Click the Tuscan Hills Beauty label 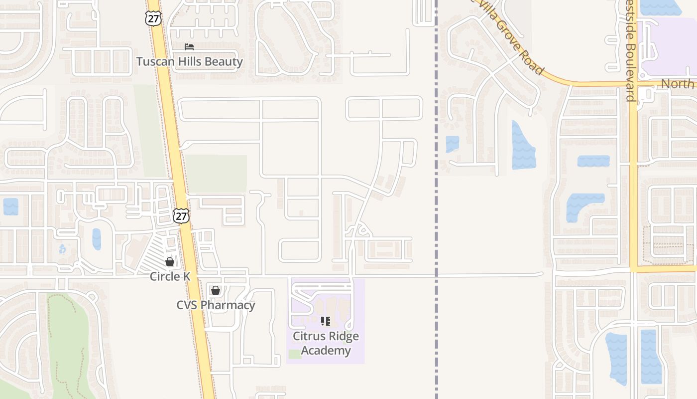(190, 62)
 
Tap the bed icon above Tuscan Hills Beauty (189, 47)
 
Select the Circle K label (170, 276)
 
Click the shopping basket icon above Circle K (170, 262)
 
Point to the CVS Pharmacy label (216, 305)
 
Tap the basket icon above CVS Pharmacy (216, 290)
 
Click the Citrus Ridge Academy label (326, 343)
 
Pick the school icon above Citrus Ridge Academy (326, 321)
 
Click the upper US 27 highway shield (153, 18)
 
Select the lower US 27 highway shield (181, 216)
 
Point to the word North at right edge (677, 84)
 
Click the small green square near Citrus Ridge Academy (295, 354)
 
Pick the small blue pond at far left (10, 206)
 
